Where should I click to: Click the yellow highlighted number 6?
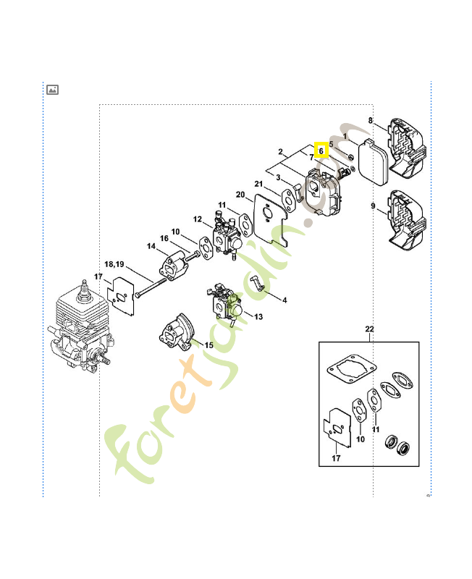(x=321, y=151)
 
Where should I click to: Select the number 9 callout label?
(x=373, y=206)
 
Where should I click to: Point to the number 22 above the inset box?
(x=369, y=329)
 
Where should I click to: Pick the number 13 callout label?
(x=259, y=316)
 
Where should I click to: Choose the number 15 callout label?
(x=208, y=345)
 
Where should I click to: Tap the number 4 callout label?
(x=285, y=300)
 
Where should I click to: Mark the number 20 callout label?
(x=240, y=195)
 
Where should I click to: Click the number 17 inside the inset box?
(x=334, y=457)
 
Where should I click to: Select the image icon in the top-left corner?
(x=52, y=90)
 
